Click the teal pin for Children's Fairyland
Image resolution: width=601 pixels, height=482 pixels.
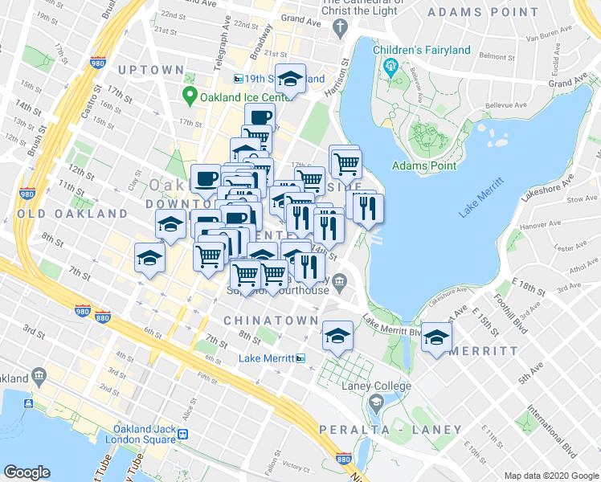click(392, 66)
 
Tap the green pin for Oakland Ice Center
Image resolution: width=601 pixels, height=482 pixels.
click(190, 98)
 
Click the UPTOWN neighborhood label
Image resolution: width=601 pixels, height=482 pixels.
click(150, 70)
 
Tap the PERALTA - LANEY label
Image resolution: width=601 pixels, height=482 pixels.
click(390, 430)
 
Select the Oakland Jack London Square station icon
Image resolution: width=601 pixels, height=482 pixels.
click(183, 435)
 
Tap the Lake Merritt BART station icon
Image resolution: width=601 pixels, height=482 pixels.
click(300, 357)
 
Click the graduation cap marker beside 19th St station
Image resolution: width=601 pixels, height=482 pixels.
click(290, 79)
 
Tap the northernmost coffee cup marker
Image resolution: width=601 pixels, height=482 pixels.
click(260, 118)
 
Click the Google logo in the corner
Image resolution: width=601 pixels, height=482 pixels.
click(27, 472)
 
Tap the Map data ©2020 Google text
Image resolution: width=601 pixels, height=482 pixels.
click(550, 476)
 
